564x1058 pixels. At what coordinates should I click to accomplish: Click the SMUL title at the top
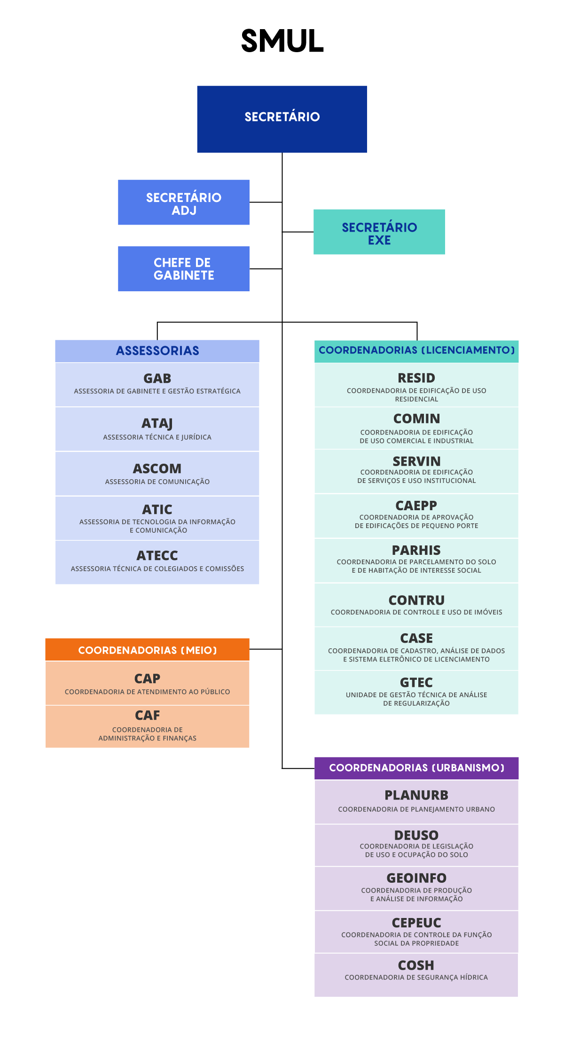point(282,41)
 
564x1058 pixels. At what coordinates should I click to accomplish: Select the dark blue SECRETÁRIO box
point(282,119)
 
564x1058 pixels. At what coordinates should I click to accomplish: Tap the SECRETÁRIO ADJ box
point(184,202)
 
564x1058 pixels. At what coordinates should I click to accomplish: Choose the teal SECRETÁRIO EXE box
point(379,232)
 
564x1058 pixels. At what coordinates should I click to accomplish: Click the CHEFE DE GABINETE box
point(184,269)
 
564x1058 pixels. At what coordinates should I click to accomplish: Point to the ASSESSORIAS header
point(157,351)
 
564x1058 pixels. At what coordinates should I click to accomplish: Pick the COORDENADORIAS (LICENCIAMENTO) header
point(416,351)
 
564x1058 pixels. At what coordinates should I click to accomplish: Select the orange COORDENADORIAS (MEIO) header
point(148,650)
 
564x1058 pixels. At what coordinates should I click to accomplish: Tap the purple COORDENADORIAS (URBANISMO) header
point(416,768)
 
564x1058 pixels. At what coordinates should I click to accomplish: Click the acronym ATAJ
point(157,423)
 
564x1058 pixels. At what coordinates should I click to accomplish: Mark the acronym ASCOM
point(157,468)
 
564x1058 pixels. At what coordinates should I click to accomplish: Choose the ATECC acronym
point(157,555)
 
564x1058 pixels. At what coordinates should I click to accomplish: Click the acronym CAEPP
point(416,506)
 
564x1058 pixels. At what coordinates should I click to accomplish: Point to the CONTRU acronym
point(416,600)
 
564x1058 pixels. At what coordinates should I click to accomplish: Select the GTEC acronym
point(416,682)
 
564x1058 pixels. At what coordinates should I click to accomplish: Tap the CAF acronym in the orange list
point(148,715)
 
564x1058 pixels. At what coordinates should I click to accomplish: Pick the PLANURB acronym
point(416,795)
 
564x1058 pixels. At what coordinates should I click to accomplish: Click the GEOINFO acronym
point(416,878)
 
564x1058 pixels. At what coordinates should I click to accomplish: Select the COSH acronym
point(416,965)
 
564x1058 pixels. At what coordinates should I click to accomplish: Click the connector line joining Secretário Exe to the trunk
point(298,232)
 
